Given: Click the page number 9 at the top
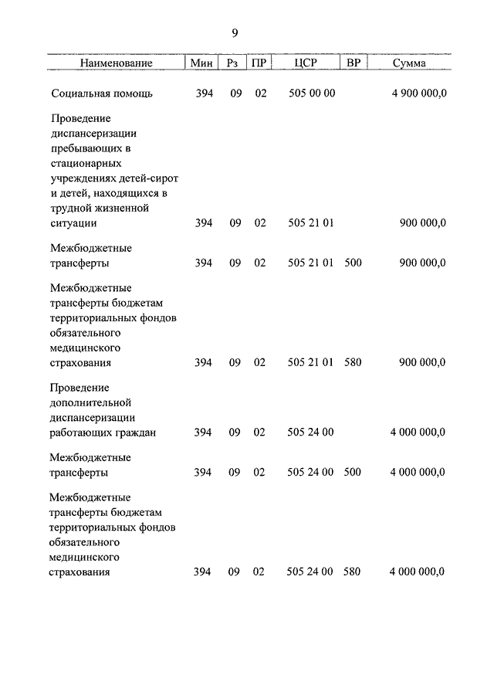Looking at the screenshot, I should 235,32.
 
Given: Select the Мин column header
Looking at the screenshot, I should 202,63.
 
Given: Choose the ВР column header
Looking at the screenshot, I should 354,63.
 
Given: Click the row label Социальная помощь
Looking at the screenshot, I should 102,94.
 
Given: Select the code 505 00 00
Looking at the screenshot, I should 311,94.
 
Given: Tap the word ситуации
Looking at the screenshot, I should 73,223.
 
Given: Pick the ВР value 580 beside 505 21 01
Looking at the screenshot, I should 353,362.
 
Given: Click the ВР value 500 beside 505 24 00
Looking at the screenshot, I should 352,472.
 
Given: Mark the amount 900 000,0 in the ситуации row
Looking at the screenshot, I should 423,223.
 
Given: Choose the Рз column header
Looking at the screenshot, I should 234,63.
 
